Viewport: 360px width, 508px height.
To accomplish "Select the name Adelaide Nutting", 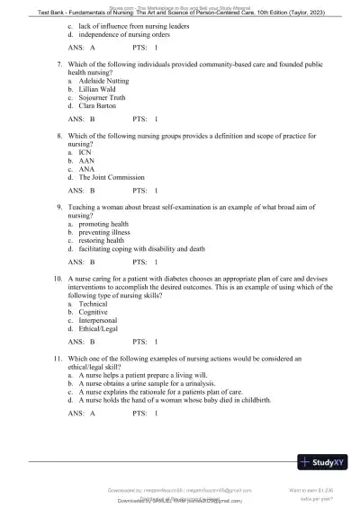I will (x=104, y=81).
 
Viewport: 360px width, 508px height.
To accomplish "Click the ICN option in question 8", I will (x=85, y=153).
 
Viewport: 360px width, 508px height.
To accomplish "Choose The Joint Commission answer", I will (x=112, y=177).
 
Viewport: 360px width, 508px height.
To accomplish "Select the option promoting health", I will (x=103, y=223).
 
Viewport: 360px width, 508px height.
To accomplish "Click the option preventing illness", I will (x=104, y=232).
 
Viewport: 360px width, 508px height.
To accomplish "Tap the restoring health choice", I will (x=102, y=240).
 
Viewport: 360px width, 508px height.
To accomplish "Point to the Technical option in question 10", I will (x=94, y=304).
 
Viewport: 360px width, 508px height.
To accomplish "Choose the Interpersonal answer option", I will (x=98, y=321).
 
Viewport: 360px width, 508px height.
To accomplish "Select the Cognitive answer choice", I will (x=94, y=313).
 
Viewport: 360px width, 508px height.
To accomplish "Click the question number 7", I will (x=58, y=65).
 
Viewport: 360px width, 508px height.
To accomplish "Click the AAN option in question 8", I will (x=86, y=161).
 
